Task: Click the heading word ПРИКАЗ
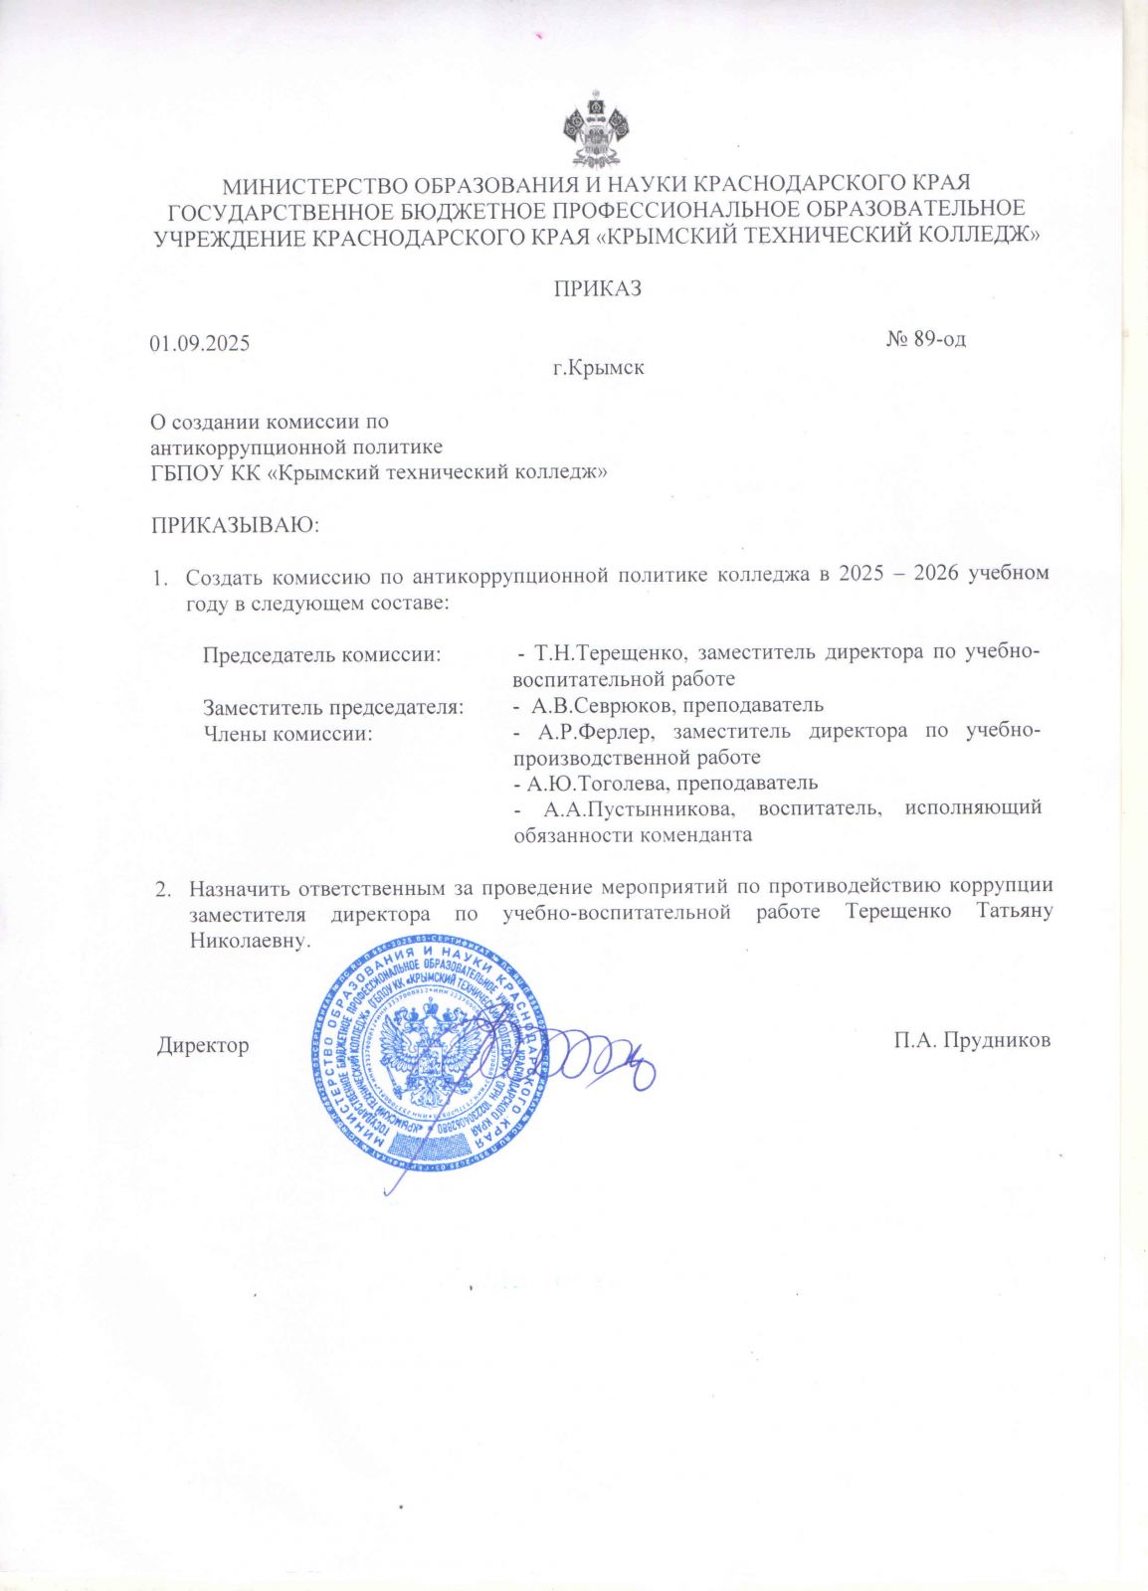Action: pyautogui.click(x=597, y=289)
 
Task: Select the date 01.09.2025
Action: pyautogui.click(x=200, y=344)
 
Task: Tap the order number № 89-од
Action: pyautogui.click(x=925, y=339)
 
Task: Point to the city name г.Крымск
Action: pyautogui.click(x=599, y=368)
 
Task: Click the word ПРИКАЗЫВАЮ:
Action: pyautogui.click(x=235, y=524)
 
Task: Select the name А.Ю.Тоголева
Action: pyautogui.click(x=587, y=783)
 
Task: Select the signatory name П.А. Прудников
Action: pyautogui.click(x=972, y=1041)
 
